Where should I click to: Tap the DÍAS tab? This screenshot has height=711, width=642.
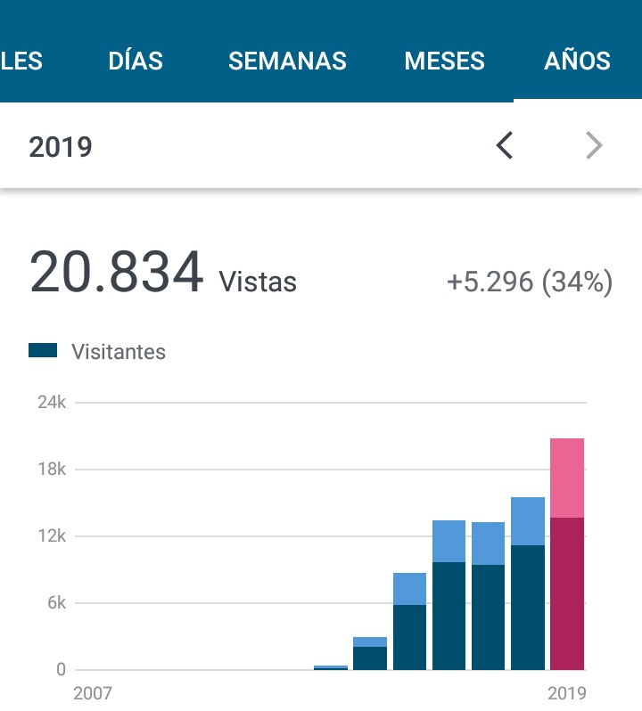pyautogui.click(x=136, y=61)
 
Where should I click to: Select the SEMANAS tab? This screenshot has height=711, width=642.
pyautogui.click(x=287, y=61)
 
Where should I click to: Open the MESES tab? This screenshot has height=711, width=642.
pyautogui.click(x=444, y=61)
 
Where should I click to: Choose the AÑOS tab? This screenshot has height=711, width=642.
pyautogui.click(x=577, y=61)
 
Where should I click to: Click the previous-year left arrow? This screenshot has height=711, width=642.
pyautogui.click(x=505, y=145)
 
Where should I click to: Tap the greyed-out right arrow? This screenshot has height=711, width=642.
pyautogui.click(x=594, y=145)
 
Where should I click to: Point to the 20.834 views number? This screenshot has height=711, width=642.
pyautogui.click(x=117, y=273)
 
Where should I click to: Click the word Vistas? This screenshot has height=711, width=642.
pyautogui.click(x=258, y=282)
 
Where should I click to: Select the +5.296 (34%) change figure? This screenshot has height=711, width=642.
pyautogui.click(x=530, y=282)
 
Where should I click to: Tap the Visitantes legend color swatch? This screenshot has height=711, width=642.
pyautogui.click(x=43, y=351)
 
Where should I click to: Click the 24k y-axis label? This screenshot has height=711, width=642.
pyautogui.click(x=52, y=403)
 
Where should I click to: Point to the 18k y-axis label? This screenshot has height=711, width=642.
pyautogui.click(x=52, y=470)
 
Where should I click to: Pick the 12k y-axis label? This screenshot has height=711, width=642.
pyautogui.click(x=52, y=536)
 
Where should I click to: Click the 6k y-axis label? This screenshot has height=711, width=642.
pyautogui.click(x=55, y=603)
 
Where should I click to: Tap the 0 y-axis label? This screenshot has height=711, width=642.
pyautogui.click(x=61, y=670)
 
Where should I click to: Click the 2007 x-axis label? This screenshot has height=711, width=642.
pyautogui.click(x=94, y=693)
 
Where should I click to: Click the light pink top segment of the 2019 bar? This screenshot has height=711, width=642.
pyautogui.click(x=567, y=478)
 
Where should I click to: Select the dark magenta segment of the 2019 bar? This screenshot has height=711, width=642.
pyautogui.click(x=567, y=592)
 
